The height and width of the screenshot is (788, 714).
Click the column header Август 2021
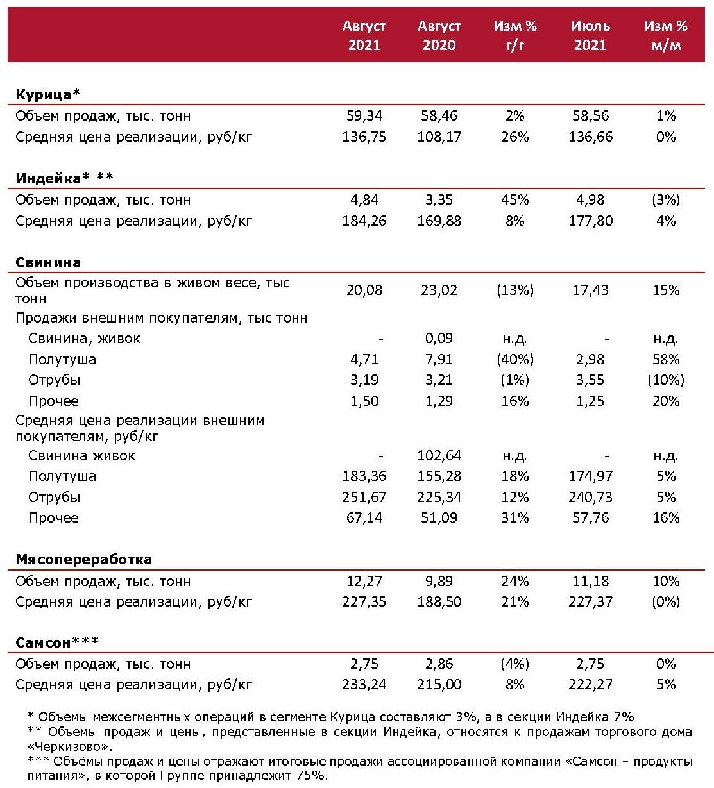[364, 36]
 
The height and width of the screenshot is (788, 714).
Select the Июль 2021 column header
[590, 36]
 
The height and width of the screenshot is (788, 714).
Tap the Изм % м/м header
[666, 36]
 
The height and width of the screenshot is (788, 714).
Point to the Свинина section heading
[48, 263]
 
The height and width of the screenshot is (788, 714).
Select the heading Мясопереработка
[83, 560]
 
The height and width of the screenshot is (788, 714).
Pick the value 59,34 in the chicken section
[364, 116]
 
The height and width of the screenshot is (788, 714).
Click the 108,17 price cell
[439, 137]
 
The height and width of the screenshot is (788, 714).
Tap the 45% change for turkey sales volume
[515, 200]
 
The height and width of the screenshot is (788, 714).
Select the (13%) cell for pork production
[515, 290]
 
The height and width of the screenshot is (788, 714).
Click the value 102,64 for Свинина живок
[439, 456]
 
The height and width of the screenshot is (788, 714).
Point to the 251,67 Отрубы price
[364, 498]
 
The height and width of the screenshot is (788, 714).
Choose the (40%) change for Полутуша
[515, 360]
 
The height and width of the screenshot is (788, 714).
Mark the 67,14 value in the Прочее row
[364, 518]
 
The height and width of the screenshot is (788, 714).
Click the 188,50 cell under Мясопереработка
[439, 602]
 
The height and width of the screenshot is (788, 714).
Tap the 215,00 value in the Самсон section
[439, 685]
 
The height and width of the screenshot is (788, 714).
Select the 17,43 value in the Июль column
[590, 290]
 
